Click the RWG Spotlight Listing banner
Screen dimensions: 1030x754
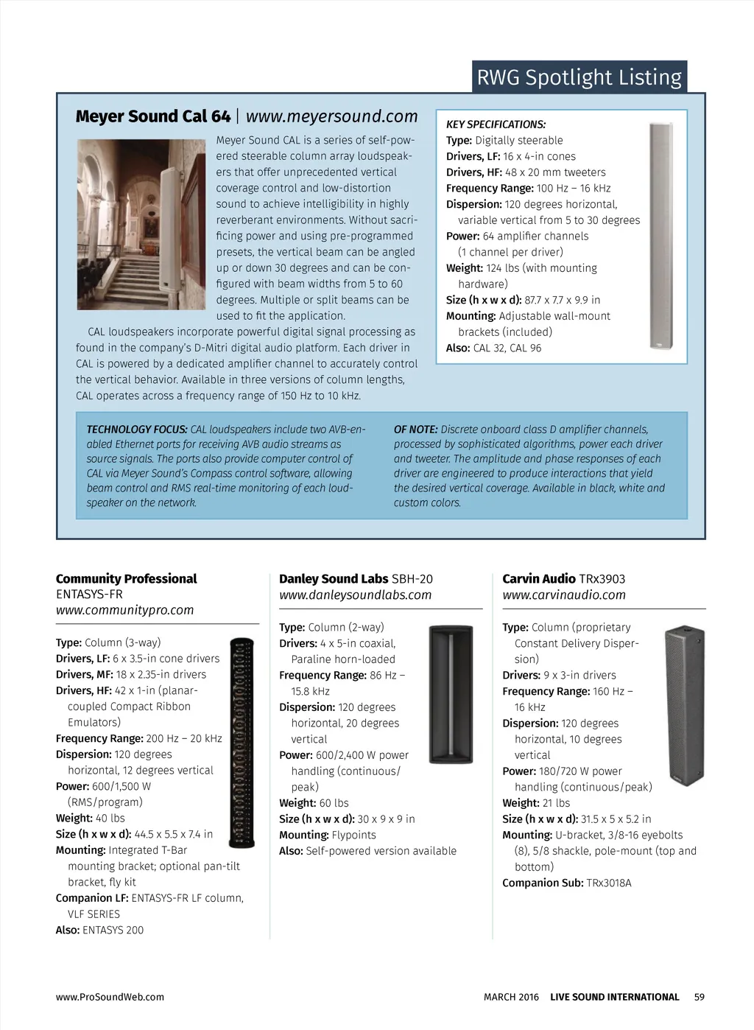coord(579,77)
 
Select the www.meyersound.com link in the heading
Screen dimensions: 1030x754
coord(331,116)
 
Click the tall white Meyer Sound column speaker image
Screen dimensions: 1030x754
coord(660,236)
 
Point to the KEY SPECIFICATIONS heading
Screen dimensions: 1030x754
coord(496,125)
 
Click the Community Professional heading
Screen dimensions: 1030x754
coord(126,579)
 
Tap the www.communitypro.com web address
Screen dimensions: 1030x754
coord(124,610)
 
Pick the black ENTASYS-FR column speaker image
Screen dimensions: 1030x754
coord(242,743)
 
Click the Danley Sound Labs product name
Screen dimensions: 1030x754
coord(334,579)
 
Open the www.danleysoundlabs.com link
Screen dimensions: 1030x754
coord(355,595)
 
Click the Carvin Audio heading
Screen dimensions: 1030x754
coord(539,579)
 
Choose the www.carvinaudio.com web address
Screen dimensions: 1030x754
coord(563,595)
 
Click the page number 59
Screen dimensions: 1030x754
coord(699,997)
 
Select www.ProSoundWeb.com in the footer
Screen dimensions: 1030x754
coord(110,997)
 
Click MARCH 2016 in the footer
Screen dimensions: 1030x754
coord(511,997)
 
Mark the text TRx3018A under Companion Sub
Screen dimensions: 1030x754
coord(608,883)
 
